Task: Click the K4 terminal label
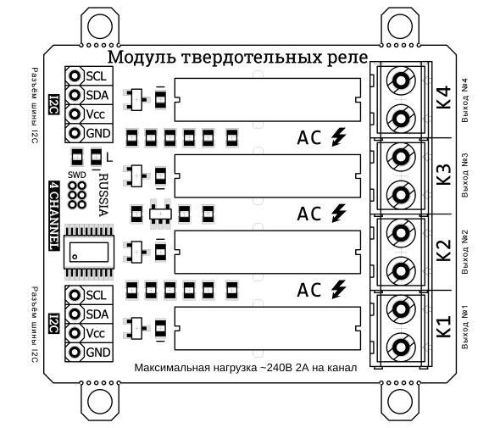(443, 97)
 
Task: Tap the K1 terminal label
(443, 326)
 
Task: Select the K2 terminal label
(443, 250)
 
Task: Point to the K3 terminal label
(443, 174)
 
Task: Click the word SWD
(77, 175)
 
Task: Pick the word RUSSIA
(104, 195)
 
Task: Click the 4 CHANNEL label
(54, 216)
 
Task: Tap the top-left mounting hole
(100, 27)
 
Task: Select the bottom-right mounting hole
(400, 402)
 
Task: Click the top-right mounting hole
(400, 27)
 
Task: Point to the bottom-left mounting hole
(100, 402)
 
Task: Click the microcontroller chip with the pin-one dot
(89, 252)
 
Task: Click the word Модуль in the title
(142, 58)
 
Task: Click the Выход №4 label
(464, 100)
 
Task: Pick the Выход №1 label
(464, 327)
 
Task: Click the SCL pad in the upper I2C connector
(75, 76)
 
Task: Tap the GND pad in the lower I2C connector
(75, 352)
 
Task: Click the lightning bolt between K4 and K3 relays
(339, 136)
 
